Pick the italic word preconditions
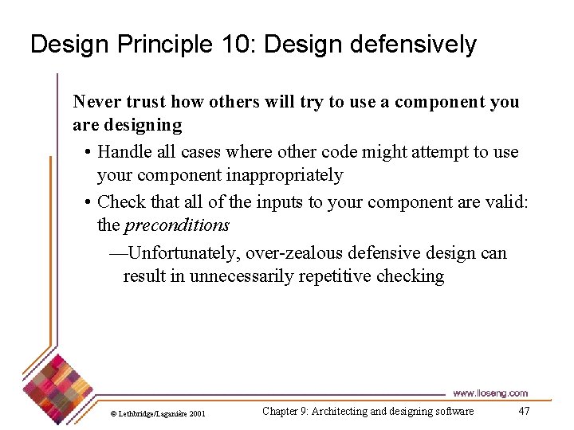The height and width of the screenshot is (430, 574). coord(177,225)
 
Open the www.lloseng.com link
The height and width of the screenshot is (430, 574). coord(489,393)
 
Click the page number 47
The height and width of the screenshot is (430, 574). coord(524,411)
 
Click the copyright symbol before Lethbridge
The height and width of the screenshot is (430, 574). coord(114,414)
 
